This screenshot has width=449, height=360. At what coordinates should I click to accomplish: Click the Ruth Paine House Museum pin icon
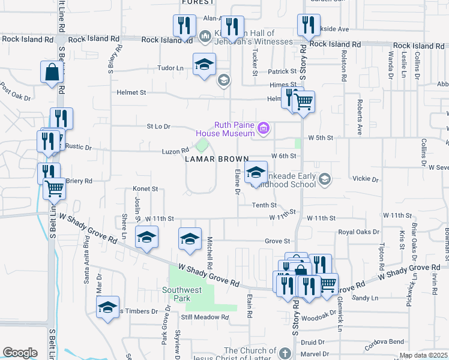pos(262,128)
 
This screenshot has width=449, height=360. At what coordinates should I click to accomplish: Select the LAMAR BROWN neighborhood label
pos(217,159)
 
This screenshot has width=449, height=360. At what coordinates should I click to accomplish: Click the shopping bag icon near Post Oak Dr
pos(52,73)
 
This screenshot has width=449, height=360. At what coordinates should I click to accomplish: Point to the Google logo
pos(20,353)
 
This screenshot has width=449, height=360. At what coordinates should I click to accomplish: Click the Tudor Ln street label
pos(170,68)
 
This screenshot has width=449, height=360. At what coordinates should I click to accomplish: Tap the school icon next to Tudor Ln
pos(204,65)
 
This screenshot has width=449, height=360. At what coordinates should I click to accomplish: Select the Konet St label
pos(145,188)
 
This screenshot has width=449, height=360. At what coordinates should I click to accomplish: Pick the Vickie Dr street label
pos(366,179)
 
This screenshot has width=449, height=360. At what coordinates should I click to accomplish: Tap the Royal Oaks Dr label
pos(359,232)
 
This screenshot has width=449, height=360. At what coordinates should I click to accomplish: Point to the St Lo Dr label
pos(158,127)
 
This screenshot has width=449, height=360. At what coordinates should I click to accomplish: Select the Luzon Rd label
pos(175,152)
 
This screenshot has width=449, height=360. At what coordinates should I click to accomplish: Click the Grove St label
pos(278,241)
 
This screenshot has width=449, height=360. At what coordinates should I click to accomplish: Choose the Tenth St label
pos(264,205)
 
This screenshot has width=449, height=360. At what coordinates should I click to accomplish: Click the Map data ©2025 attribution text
pos(423,355)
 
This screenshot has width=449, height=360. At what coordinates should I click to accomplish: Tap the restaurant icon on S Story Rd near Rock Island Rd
pos(307,25)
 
